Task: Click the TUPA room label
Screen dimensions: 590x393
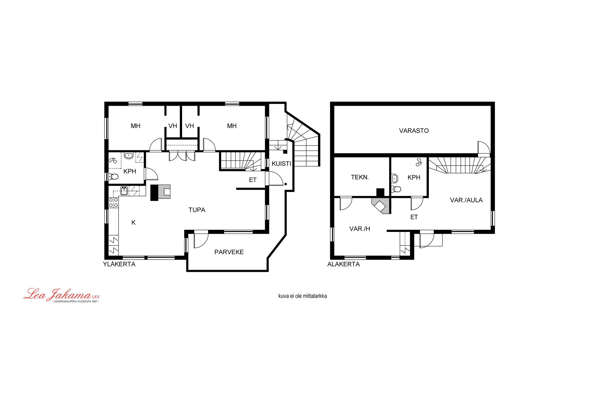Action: [x=197, y=210]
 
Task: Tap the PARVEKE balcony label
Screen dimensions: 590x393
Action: [x=229, y=252]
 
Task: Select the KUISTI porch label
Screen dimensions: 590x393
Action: [x=281, y=164]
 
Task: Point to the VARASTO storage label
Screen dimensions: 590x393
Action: [x=414, y=131]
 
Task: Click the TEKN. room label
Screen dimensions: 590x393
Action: [x=360, y=177]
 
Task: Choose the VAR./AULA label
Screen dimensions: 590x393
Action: [x=466, y=200]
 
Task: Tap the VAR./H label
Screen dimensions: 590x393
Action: [x=360, y=229]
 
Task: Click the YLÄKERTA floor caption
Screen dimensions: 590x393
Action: [x=119, y=264]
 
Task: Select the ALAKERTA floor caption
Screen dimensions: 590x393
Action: [x=344, y=264]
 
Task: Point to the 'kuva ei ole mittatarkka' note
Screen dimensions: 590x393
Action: [x=302, y=296]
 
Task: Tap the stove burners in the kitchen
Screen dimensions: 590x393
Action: [x=113, y=203]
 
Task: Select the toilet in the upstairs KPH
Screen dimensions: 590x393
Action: [x=113, y=177]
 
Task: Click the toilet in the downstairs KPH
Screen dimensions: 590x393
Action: [x=396, y=189]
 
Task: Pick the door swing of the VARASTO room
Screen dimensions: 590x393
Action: [x=484, y=148]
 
